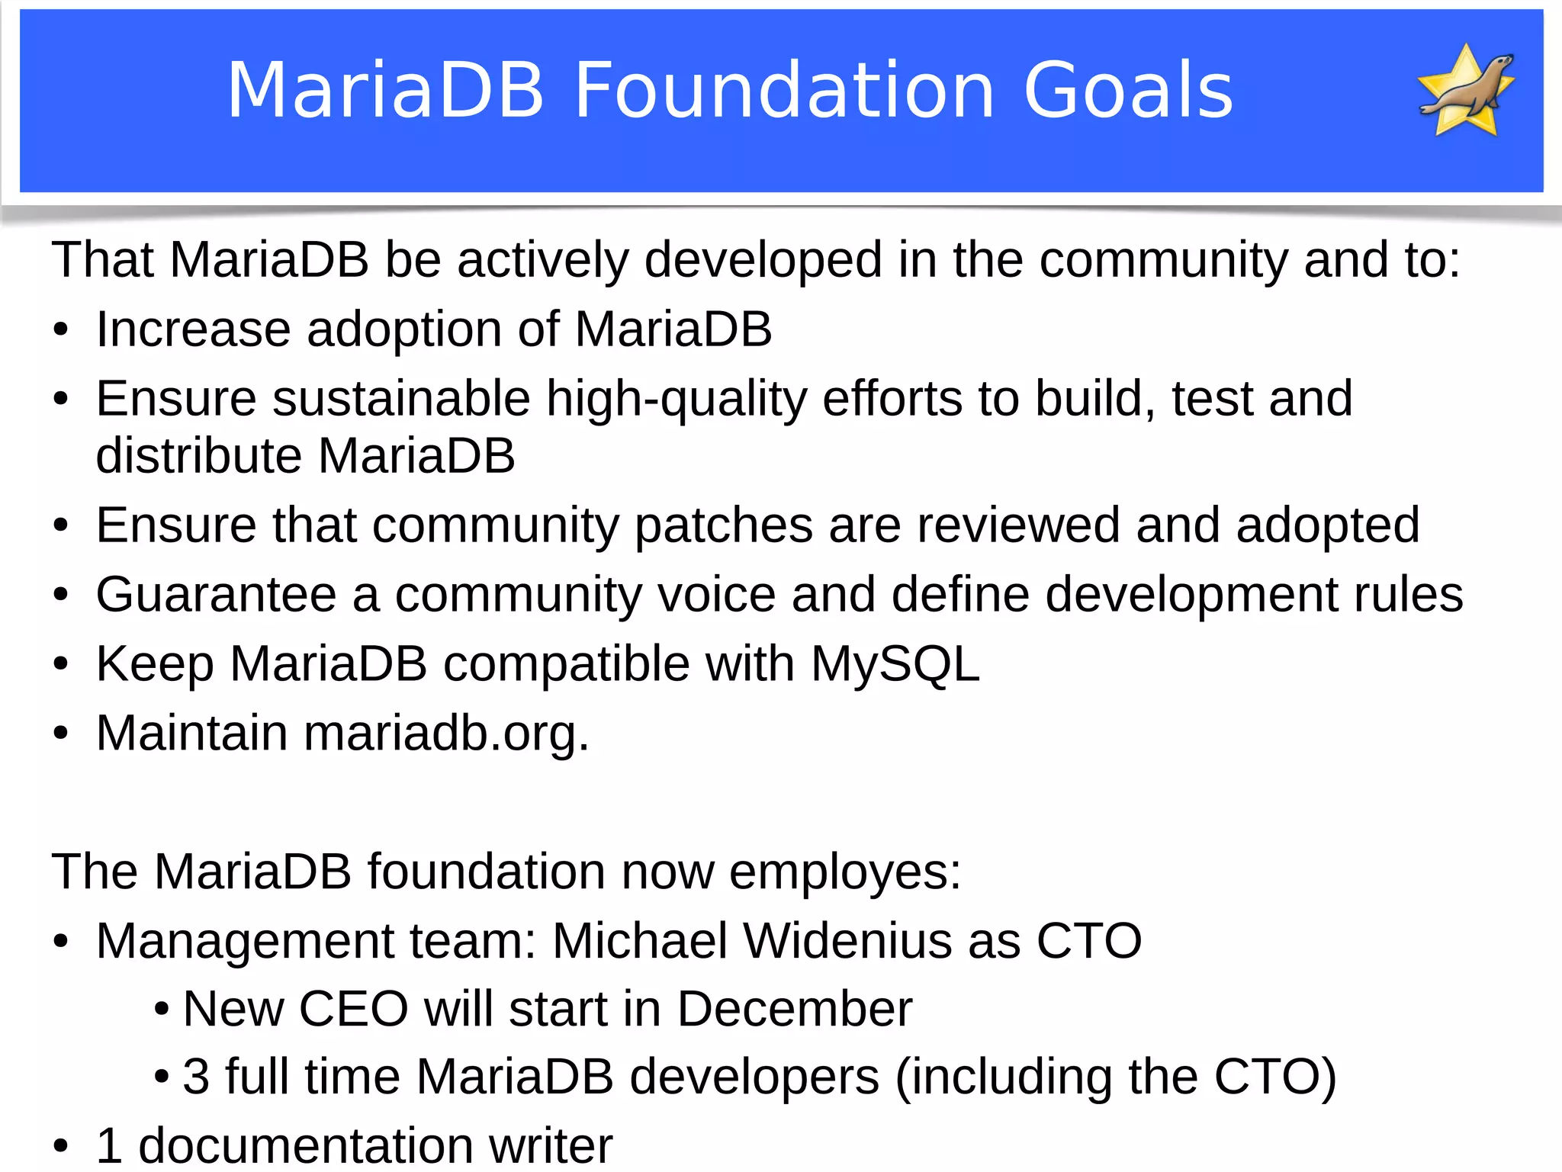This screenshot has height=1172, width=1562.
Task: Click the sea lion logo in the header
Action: coord(1466,90)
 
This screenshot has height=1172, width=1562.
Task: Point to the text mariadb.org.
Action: coord(446,734)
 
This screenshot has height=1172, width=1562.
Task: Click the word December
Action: coord(794,1009)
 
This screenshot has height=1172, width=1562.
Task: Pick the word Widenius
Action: coord(847,940)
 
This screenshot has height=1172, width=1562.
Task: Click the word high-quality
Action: coord(676,400)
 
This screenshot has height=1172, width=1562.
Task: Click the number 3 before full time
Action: coord(196,1077)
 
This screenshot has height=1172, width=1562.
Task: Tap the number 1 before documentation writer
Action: coord(109,1145)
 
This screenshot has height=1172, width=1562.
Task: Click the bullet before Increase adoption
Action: coord(61,331)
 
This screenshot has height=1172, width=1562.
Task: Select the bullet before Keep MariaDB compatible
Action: coord(61,664)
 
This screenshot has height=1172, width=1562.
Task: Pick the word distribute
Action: coord(199,456)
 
